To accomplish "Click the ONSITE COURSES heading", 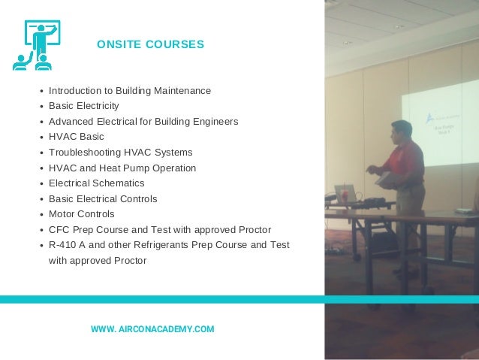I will pos(150,45).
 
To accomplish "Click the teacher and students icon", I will pos(37,46).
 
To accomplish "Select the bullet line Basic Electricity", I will pos(83,106).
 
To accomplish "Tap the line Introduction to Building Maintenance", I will pos(130,91).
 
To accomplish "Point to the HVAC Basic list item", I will pos(77,137).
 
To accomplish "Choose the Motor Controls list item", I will pos(82,214).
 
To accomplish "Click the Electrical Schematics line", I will pos(96,183).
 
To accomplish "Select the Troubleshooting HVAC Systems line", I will pos(120,153).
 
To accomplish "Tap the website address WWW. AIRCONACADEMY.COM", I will pos(152,329).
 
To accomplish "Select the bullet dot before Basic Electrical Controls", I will pos(41,200).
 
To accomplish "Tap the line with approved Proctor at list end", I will pos(98,261).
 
